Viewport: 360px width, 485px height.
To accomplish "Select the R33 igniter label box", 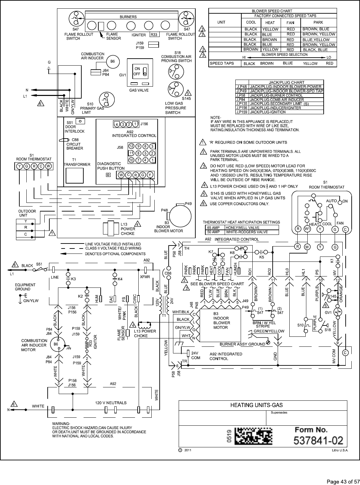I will point(154,35).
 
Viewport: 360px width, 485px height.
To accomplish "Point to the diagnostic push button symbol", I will point(108,175).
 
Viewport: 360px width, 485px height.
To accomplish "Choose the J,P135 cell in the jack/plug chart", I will point(242,104).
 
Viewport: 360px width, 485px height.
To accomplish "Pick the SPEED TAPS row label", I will point(221,63).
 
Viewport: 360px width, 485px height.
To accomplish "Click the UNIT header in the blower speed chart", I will point(221,22).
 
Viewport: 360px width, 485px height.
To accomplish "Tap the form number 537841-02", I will point(318,440).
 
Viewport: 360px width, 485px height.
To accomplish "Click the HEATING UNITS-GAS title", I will point(257,405).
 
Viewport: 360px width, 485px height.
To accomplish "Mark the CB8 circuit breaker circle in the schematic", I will point(168,273).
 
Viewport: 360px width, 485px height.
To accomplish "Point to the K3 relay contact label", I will point(73,278).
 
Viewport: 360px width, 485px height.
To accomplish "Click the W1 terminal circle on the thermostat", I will point(307,229).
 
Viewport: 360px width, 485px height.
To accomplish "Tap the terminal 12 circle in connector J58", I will point(131,146).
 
